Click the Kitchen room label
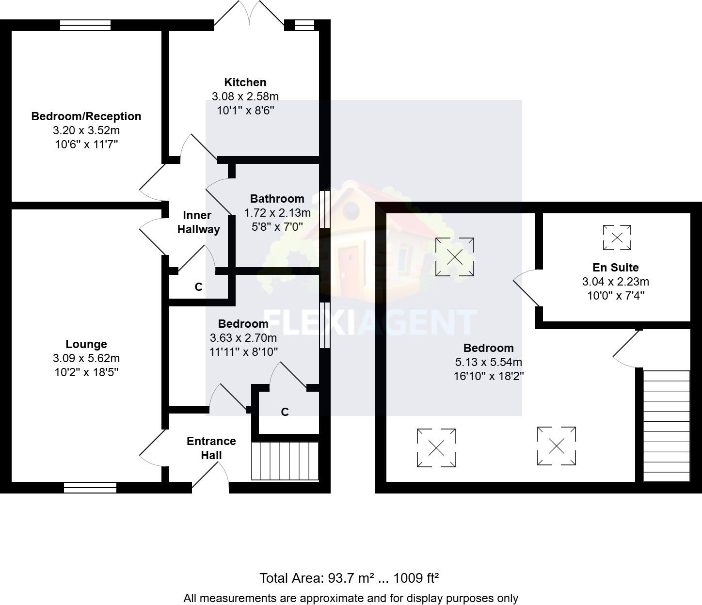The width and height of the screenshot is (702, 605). (x=245, y=82)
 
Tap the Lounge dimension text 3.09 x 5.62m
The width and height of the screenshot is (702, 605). (x=86, y=358)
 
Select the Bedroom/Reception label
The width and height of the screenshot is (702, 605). (x=86, y=116)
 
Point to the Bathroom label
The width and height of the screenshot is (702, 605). (x=277, y=198)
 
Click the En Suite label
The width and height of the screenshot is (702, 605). (x=615, y=268)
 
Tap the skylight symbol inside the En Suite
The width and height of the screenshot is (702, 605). (x=617, y=238)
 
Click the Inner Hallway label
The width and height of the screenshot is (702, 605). (x=198, y=222)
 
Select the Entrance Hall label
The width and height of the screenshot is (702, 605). (x=211, y=448)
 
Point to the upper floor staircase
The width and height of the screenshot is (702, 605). (x=666, y=426)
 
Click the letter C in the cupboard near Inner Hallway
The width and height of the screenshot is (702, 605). (x=198, y=287)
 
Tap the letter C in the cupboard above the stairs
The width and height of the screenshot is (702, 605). (x=285, y=412)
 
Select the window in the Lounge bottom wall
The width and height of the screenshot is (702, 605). (x=90, y=487)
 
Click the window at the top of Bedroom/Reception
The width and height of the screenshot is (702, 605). (x=85, y=25)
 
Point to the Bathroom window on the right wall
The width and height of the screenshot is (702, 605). (x=325, y=209)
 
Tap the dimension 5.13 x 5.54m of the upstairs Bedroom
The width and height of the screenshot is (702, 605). (x=488, y=362)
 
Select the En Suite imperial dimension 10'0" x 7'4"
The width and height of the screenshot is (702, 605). (x=615, y=296)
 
